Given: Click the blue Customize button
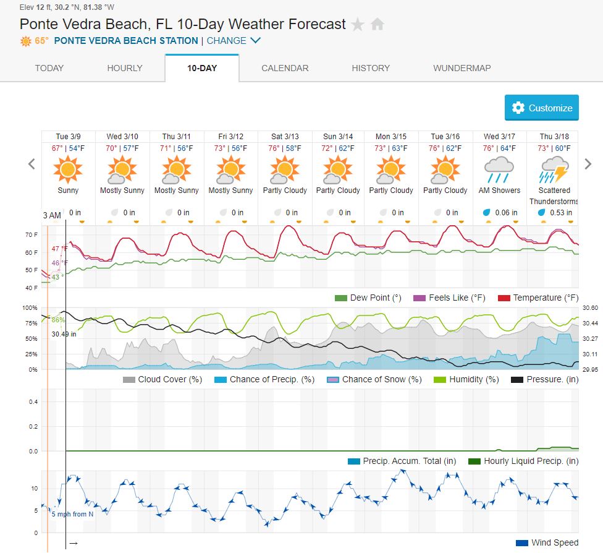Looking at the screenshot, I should (x=541, y=108).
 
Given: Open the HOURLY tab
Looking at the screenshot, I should (x=125, y=68).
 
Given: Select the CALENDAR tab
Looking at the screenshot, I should (x=285, y=68).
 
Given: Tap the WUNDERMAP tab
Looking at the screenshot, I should (x=462, y=68).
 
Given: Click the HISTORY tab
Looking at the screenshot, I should (x=371, y=68).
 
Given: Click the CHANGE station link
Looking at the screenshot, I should (x=234, y=41).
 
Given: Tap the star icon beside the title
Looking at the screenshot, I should (x=358, y=25).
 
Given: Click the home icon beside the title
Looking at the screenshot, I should (x=377, y=25).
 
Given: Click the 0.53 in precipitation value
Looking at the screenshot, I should (x=560, y=212).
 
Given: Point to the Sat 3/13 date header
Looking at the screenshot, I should (x=285, y=136).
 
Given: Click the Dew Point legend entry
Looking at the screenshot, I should (x=368, y=298).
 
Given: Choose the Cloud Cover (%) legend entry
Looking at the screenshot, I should (x=163, y=379).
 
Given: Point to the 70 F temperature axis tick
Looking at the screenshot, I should (x=32, y=235).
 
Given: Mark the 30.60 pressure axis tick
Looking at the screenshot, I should (x=590, y=307).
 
